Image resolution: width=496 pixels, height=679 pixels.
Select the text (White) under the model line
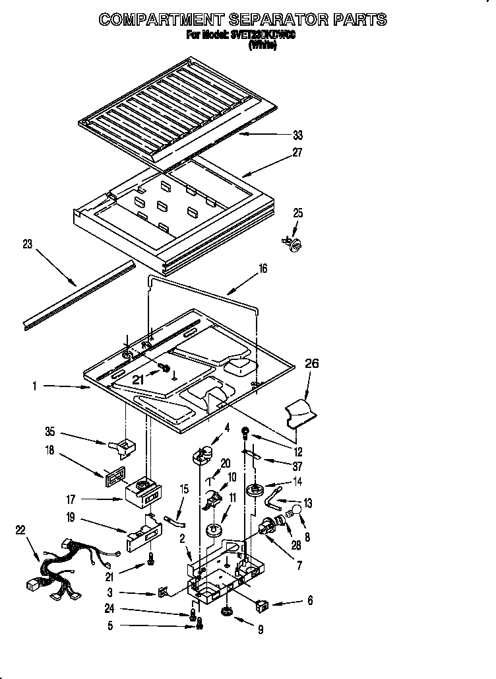pyautogui.click(x=262, y=46)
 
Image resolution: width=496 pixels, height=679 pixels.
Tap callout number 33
pyautogui.click(x=297, y=135)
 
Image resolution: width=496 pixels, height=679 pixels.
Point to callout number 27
pyautogui.click(x=297, y=153)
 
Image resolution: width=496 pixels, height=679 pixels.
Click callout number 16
pyautogui.click(x=263, y=269)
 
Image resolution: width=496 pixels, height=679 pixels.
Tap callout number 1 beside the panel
pyautogui.click(x=34, y=386)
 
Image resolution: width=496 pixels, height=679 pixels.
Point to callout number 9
pyautogui.click(x=261, y=630)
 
